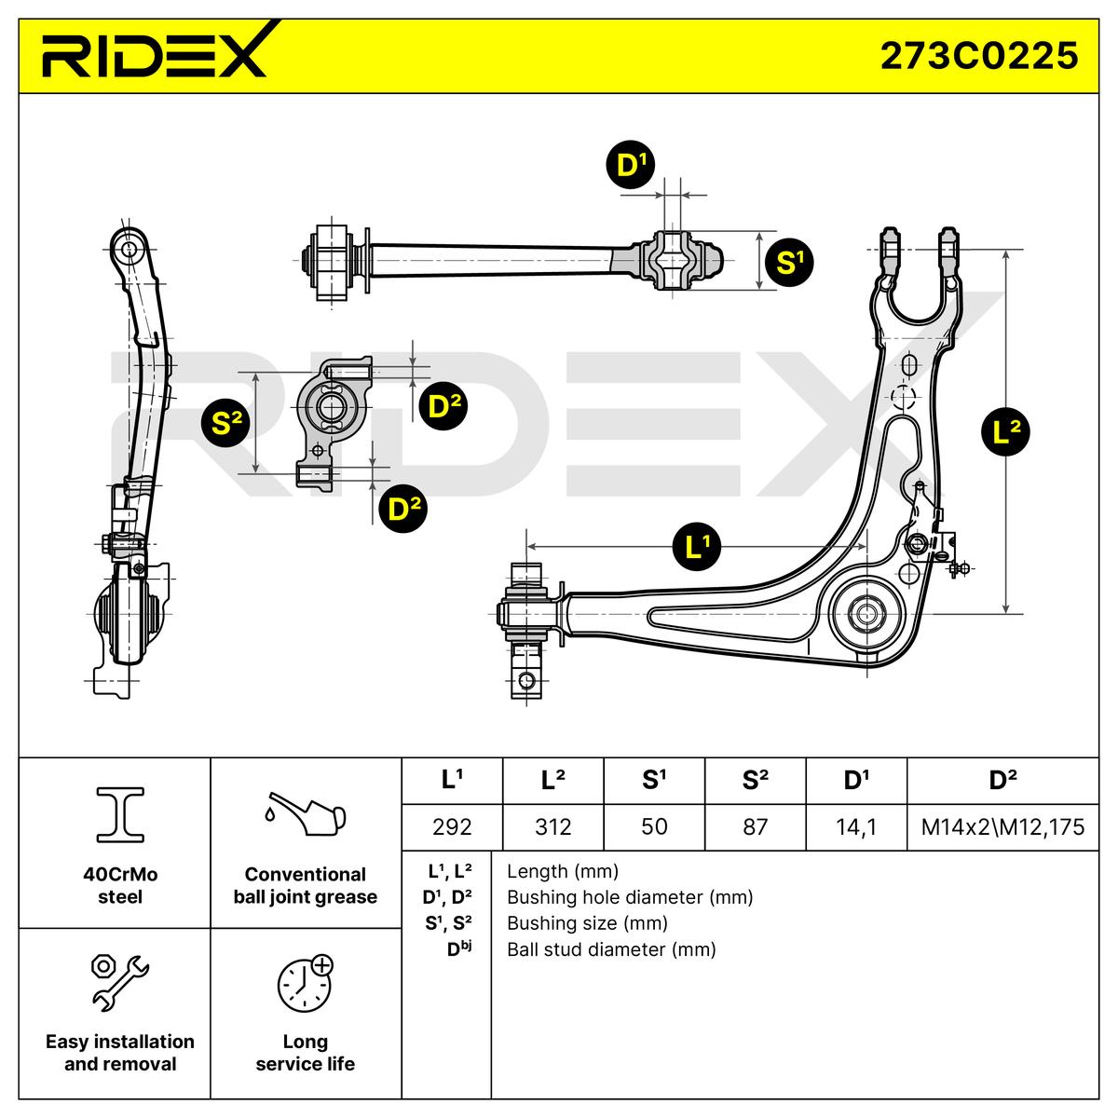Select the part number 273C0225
point(979,55)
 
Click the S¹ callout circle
point(788,263)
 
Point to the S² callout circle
point(226,424)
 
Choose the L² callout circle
point(1007,431)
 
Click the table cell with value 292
point(452,826)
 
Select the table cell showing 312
point(553,826)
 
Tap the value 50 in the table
point(654,826)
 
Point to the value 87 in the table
point(755,826)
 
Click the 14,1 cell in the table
point(855,826)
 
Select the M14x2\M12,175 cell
point(1002,826)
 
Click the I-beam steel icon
point(120,813)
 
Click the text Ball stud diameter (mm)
point(611,949)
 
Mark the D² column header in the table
point(1002,781)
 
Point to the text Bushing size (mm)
point(587,923)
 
